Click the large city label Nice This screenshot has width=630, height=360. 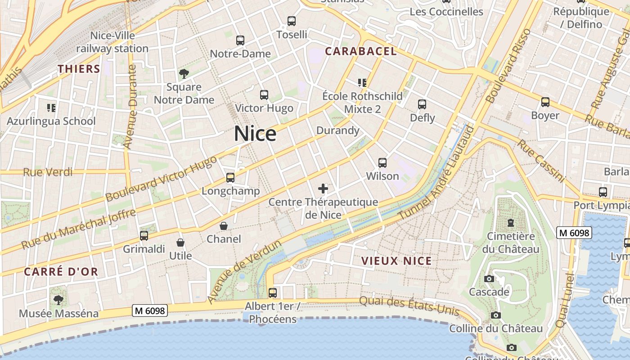[x=255, y=134]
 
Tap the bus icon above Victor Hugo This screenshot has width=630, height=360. [x=264, y=95]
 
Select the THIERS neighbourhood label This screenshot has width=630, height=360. [x=79, y=69]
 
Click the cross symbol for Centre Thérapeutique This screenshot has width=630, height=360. [x=323, y=189]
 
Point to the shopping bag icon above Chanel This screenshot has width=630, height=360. [x=224, y=226]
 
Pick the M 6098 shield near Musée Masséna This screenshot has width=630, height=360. [x=150, y=310]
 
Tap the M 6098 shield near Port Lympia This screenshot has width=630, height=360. [x=574, y=233]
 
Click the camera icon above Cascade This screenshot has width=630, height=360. [x=489, y=279]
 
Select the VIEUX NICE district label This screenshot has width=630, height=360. [x=396, y=261]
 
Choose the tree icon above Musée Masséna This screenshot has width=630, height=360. [x=58, y=300]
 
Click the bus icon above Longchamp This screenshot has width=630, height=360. [x=230, y=178]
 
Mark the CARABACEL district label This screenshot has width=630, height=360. [x=361, y=51]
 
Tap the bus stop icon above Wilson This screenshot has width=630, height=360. [x=382, y=163]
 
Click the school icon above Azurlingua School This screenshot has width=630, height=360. [x=51, y=108]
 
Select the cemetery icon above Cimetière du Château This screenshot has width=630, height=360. [x=511, y=223]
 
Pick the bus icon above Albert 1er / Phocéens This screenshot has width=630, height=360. [x=272, y=293]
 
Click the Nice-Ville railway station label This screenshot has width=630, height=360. [x=112, y=42]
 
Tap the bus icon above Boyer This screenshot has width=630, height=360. [x=545, y=102]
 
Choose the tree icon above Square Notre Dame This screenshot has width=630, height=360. [x=184, y=74]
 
